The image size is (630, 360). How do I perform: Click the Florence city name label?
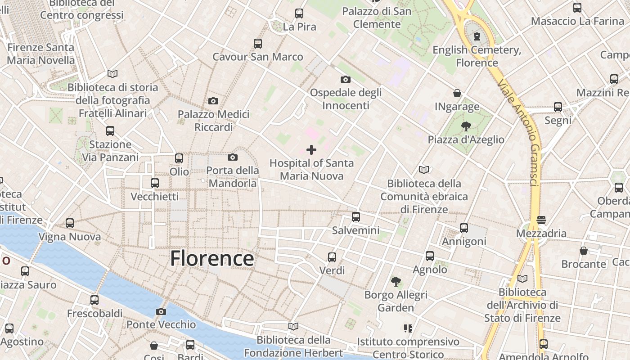212,259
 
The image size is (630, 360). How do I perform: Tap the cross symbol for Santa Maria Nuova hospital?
311,150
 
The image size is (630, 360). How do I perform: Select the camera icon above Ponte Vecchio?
161,311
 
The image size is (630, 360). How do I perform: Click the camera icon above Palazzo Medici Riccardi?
213,101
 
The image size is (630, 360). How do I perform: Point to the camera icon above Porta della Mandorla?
233,157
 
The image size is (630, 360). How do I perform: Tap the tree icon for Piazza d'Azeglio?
466,126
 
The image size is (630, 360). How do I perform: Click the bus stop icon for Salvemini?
356,217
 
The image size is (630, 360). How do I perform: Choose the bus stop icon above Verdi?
332,257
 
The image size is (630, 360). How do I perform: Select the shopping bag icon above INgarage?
457,93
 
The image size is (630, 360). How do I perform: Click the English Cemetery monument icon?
477,36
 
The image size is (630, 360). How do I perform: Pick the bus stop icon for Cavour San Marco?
258,44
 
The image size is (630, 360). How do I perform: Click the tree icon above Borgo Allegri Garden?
396,282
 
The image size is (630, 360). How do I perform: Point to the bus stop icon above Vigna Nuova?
70,223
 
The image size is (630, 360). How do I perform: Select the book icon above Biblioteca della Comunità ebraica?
424,170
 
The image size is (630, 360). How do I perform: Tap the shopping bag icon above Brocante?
584,251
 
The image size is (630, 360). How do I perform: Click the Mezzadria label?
541,234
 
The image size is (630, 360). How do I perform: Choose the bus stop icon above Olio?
179,158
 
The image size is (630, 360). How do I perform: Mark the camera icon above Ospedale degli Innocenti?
346,80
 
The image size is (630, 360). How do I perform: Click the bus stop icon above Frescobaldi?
94,300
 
